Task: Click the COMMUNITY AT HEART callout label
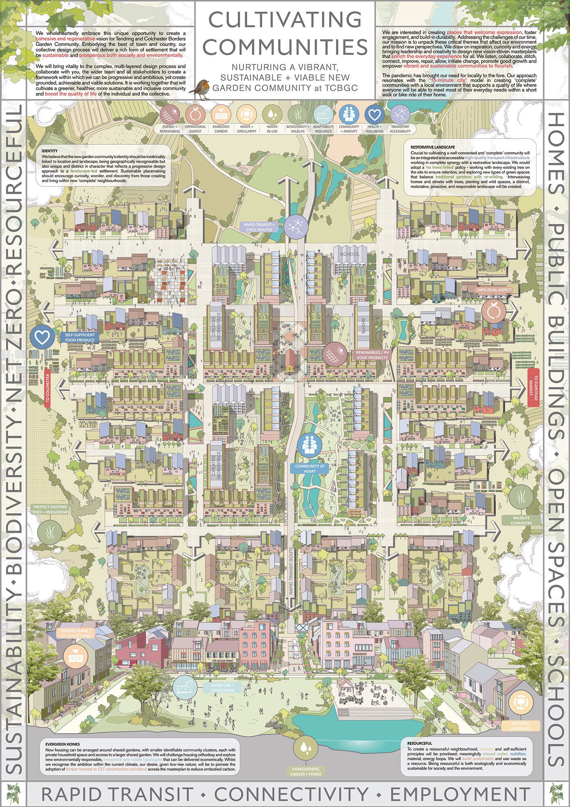(310, 468)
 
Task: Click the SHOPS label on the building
(362, 323)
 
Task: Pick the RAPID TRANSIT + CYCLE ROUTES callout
(258, 227)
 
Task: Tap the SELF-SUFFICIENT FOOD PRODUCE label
(79, 338)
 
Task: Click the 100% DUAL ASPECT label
(495, 290)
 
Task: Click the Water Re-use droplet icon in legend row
(272, 114)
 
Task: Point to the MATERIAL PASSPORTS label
(522, 726)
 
